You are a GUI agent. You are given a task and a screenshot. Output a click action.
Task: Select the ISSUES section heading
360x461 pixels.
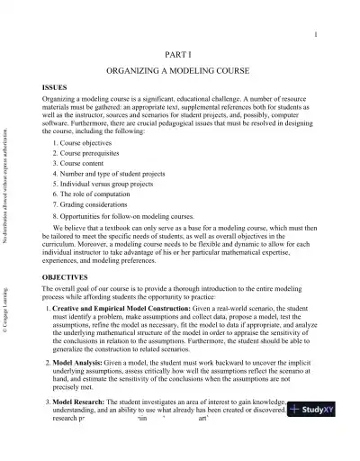pos(56,86)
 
